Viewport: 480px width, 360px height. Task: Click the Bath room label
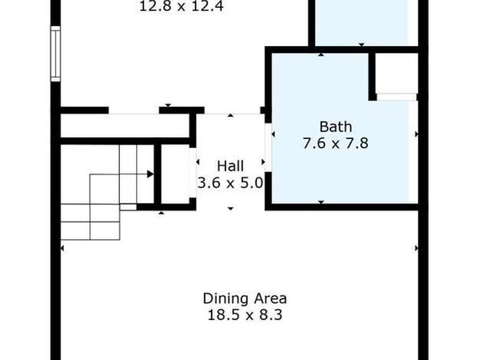[x=335, y=126]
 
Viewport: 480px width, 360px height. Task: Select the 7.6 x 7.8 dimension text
[x=335, y=142]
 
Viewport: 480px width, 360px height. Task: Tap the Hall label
[x=230, y=166]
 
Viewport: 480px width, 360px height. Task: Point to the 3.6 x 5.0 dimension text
[x=230, y=182]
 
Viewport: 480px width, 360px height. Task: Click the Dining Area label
[x=245, y=298]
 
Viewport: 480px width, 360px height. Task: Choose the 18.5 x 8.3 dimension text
[x=245, y=314]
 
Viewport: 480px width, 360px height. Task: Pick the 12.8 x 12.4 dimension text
[x=173, y=7]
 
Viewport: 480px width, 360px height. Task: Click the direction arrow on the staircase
[x=150, y=174]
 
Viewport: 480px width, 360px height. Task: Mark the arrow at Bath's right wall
[x=416, y=134]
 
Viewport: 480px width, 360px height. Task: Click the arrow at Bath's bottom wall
[x=321, y=202]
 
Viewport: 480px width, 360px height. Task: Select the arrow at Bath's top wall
[x=321, y=55]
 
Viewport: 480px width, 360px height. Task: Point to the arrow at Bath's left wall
[x=273, y=134]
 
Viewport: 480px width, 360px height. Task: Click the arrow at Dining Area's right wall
[x=416, y=248]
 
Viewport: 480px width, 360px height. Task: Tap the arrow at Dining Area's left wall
[x=62, y=248]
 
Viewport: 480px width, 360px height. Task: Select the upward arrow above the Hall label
[x=231, y=116]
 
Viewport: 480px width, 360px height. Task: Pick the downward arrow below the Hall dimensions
[x=231, y=208]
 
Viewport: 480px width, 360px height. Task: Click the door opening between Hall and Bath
[x=268, y=147]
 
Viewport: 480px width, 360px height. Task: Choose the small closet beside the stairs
[x=175, y=173]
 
